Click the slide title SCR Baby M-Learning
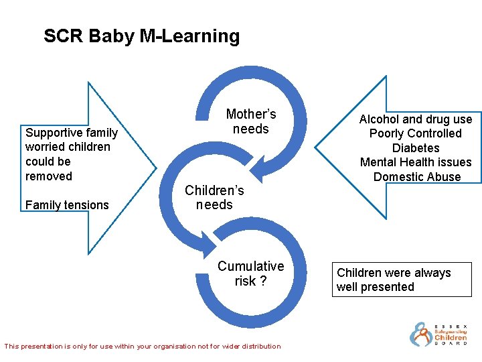click(x=141, y=36)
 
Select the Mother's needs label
click(x=250, y=121)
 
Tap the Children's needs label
click(x=214, y=198)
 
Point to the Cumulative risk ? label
click(x=250, y=274)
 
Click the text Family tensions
click(x=67, y=205)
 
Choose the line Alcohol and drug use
click(x=415, y=119)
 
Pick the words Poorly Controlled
click(x=415, y=133)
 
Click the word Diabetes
click(x=415, y=148)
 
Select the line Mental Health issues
click(x=415, y=162)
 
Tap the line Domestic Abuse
click(x=416, y=177)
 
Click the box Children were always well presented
click(x=403, y=280)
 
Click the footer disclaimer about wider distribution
click(x=143, y=347)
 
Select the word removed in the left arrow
click(x=48, y=176)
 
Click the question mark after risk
click(x=263, y=282)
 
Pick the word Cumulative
click(x=250, y=266)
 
